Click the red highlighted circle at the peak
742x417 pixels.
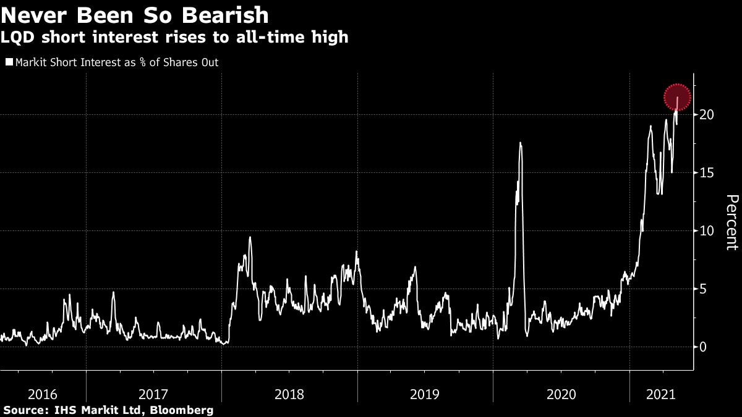click(x=678, y=97)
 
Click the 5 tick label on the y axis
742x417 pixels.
click(x=704, y=289)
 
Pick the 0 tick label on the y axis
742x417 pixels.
click(x=704, y=347)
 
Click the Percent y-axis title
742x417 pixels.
click(x=731, y=222)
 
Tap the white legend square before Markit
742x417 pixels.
click(x=9, y=62)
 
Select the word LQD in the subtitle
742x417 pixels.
click(x=17, y=38)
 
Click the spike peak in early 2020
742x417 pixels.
click(x=521, y=143)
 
